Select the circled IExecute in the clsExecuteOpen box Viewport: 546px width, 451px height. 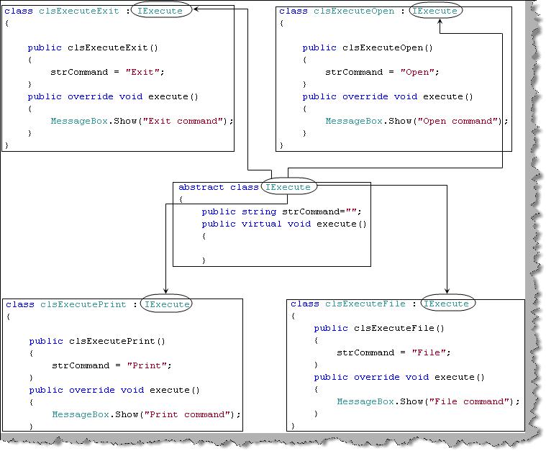coord(434,12)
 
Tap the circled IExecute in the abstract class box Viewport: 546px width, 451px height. coord(288,187)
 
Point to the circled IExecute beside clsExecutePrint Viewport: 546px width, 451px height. coord(167,304)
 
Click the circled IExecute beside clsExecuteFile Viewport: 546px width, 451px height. coord(447,304)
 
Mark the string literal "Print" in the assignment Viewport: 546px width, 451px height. coord(150,365)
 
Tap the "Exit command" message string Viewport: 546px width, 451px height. coord(185,121)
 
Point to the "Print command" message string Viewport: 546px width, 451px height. coord(189,414)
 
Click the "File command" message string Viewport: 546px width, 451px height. coord(472,401)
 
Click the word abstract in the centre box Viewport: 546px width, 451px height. coord(201,187)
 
